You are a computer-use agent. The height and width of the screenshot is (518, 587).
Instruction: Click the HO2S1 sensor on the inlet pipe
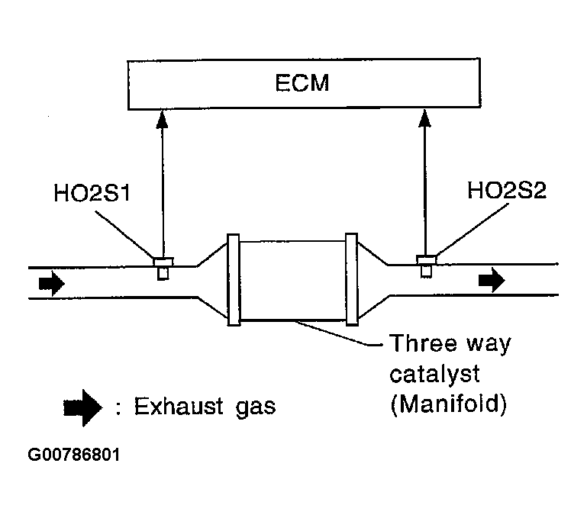(x=162, y=268)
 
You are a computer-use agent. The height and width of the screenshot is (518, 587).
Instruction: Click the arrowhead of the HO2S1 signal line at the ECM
(x=162, y=116)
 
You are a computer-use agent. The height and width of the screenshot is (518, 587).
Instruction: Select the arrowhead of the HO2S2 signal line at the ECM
(x=426, y=116)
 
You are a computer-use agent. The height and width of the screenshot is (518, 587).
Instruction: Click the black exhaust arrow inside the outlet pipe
(x=492, y=281)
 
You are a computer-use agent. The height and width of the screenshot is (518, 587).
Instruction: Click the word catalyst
(x=434, y=375)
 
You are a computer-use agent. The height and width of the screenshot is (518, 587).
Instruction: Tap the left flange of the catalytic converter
(x=234, y=279)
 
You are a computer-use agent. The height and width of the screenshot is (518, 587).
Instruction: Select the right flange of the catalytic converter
(x=351, y=279)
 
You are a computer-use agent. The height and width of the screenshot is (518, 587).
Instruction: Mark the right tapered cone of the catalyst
(x=373, y=279)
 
